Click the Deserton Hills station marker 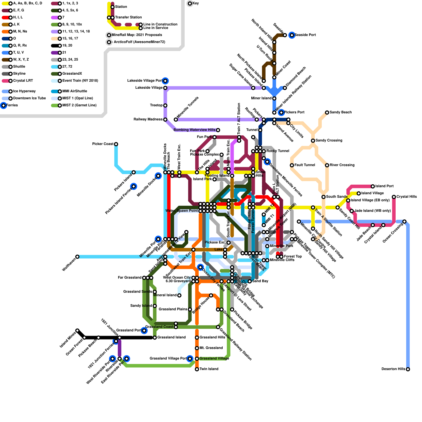coord(408,369)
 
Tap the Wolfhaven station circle coord(77,257)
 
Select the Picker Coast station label coord(103,144)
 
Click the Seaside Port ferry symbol coord(292,35)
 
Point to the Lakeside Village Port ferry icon coord(165,81)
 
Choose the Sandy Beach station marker coord(327,113)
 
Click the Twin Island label coord(209,369)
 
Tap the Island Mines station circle coord(77,330)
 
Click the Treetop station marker coord(165,105)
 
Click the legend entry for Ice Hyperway coord(24,91)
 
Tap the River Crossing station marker coord(327,165)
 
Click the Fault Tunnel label coord(305,165)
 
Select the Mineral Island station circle coord(179,295)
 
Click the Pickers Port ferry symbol coord(281,112)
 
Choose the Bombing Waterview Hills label coord(194,130)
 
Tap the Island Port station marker coord(373,186)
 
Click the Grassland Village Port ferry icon coord(190,359)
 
